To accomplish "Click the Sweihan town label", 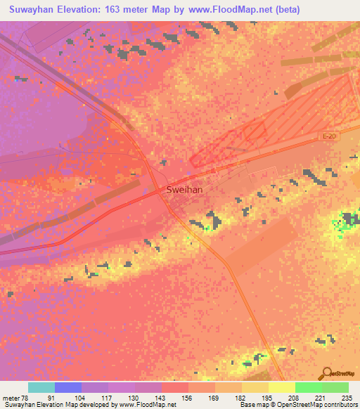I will click(x=186, y=189).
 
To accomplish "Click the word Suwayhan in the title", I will click(x=34, y=10).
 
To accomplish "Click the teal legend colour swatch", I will click(x=41, y=387).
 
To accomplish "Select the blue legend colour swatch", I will click(x=68, y=387).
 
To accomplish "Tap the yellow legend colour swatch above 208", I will click(x=282, y=387).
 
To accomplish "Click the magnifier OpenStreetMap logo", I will click(x=328, y=375).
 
